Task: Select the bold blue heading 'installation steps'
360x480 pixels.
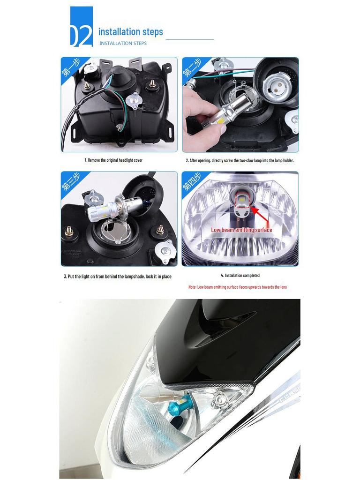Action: click(130, 32)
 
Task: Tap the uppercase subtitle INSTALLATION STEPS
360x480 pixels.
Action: click(123, 44)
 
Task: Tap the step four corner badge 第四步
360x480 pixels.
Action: click(193, 182)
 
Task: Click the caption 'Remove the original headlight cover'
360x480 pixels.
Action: click(113, 160)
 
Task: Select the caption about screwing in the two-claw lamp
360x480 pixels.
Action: click(240, 160)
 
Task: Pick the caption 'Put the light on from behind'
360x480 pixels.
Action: click(117, 277)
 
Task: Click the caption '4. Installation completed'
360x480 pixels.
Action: click(240, 276)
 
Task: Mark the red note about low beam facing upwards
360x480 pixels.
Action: click(237, 287)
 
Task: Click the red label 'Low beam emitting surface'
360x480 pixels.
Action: click(241, 230)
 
